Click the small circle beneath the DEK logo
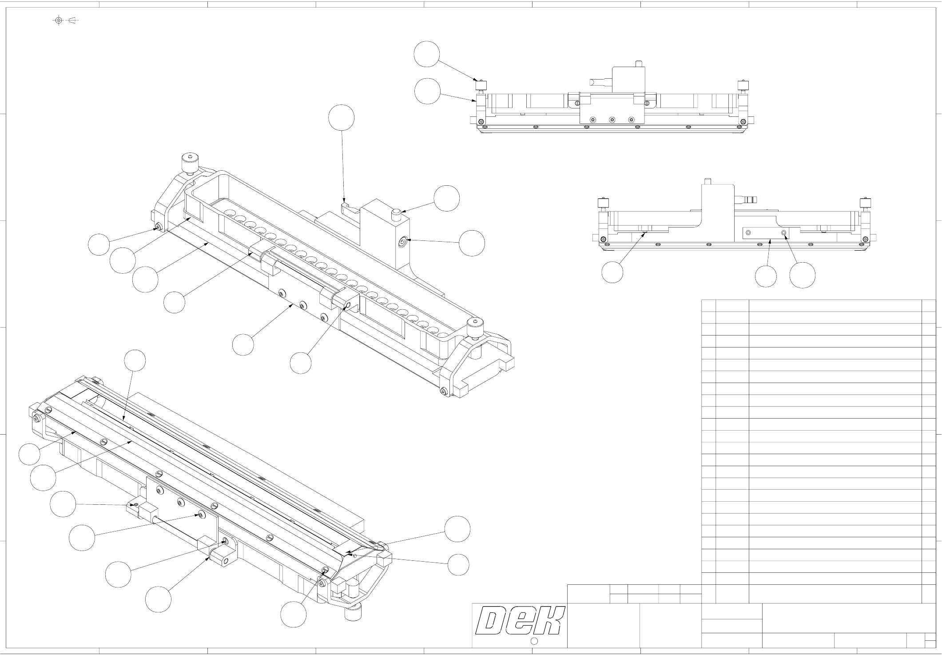535,641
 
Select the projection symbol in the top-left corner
66,20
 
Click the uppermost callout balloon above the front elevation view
426,54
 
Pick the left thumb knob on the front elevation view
481,84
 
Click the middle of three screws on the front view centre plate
612,120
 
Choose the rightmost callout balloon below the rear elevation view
802,275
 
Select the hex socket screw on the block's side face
403,241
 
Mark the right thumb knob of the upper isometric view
475,327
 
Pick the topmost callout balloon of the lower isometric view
135,361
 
